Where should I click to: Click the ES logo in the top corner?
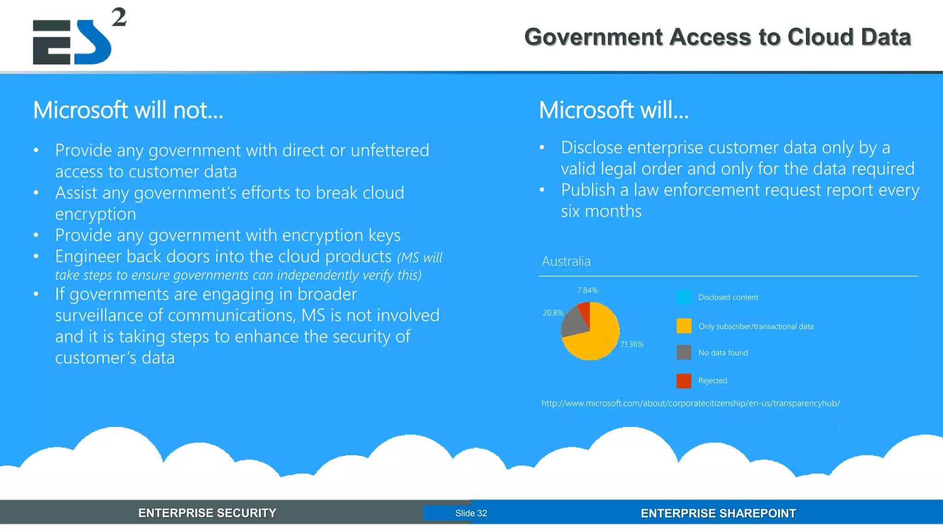(x=72, y=42)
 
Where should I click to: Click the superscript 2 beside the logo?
(x=119, y=17)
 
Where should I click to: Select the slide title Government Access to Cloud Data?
(x=717, y=37)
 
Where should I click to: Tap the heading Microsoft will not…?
(x=128, y=110)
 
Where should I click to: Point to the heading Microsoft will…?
(x=614, y=110)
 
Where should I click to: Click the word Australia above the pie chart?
(x=566, y=261)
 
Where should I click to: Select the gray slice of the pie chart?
(x=573, y=322)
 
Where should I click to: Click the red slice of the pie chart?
(x=585, y=311)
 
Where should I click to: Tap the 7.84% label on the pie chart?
(x=587, y=290)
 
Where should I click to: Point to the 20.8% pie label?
(x=553, y=313)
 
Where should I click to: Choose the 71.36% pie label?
(x=632, y=344)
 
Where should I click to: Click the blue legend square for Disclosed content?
(x=684, y=297)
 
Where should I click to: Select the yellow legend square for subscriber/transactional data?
(x=684, y=326)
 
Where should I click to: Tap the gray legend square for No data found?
(x=684, y=352)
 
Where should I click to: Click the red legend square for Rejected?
(x=684, y=380)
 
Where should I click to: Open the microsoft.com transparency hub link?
(x=691, y=403)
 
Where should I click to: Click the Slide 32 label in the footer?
(x=471, y=513)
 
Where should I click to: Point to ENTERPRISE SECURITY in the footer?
(x=207, y=513)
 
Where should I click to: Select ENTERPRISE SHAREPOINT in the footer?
(x=718, y=513)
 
